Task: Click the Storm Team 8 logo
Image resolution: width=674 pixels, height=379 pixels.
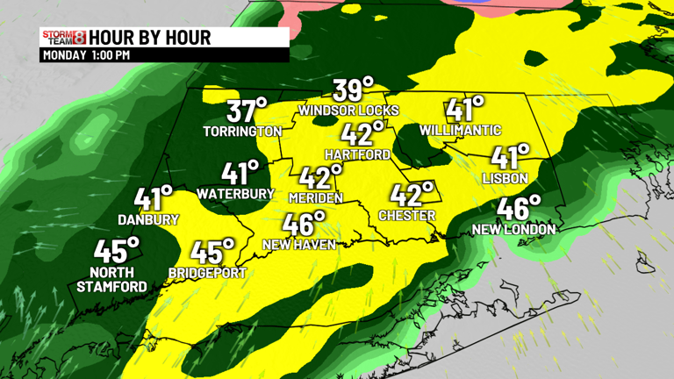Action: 63,37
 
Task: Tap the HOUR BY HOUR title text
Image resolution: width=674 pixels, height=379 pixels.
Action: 150,38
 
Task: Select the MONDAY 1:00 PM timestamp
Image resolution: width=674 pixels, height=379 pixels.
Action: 86,55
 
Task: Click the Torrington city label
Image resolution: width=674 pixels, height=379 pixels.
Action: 242,132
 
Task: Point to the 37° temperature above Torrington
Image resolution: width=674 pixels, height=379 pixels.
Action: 247,111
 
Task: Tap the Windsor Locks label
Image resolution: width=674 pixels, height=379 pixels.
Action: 348,111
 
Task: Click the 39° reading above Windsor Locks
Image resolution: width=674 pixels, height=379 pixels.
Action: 353,89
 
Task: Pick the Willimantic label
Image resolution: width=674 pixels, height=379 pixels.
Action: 460,131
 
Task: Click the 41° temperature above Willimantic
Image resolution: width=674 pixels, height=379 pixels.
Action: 465,110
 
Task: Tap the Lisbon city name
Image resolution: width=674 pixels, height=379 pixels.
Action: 505,178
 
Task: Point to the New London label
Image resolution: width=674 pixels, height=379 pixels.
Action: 513,230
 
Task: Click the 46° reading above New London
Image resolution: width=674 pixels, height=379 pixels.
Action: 519,209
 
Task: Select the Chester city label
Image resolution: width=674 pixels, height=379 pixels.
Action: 406,215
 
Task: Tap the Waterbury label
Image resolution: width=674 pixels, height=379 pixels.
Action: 235,193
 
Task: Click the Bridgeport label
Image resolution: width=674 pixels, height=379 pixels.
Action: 207,273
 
